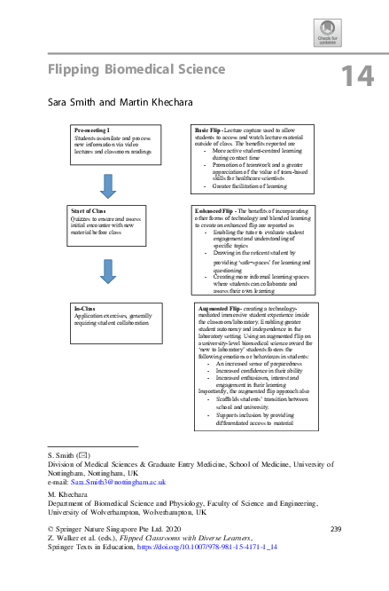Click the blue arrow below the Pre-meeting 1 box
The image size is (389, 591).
point(108,185)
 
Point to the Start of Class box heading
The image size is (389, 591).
point(89,209)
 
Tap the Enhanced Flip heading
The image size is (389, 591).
point(215,209)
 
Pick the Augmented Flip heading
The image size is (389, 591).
point(218,306)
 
